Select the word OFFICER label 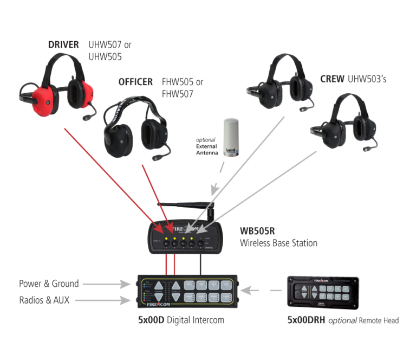(x=135, y=82)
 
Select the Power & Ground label (x=49, y=284)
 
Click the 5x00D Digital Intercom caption (x=181, y=320)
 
